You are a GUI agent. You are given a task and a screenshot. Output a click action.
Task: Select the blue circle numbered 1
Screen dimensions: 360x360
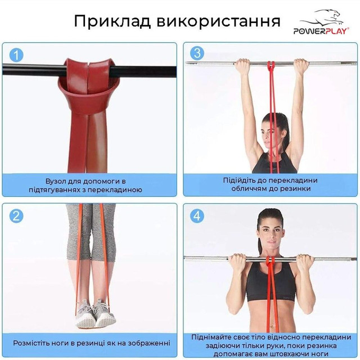click(17, 55)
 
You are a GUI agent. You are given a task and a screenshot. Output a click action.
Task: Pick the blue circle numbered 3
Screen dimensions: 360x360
click(197, 53)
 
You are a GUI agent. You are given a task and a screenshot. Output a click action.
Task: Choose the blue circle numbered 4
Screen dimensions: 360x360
click(197, 215)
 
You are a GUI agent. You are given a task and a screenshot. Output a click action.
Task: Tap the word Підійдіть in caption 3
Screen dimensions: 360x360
click(241, 181)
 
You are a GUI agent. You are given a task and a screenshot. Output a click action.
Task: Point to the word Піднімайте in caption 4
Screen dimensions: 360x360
click(213, 337)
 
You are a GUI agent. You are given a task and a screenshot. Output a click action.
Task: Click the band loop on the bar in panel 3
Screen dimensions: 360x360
click(271, 66)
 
